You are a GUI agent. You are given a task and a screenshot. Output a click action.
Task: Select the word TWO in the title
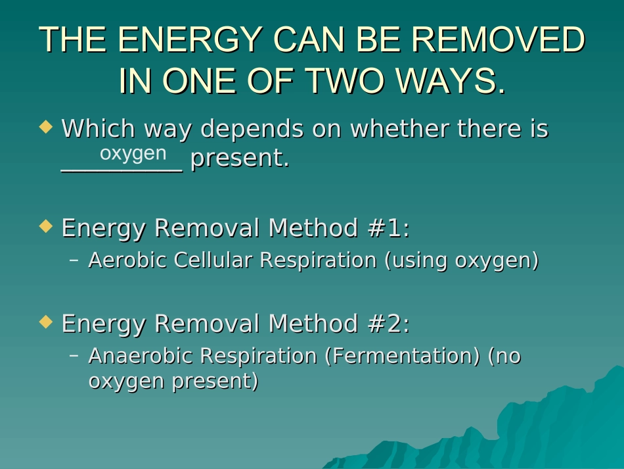tap(344, 81)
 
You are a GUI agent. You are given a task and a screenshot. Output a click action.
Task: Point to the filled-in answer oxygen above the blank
tap(133, 153)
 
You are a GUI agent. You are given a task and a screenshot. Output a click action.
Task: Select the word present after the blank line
tap(239, 159)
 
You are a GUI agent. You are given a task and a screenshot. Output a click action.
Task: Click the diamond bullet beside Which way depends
tap(45, 126)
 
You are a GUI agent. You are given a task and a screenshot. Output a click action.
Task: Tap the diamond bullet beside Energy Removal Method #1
tap(45, 226)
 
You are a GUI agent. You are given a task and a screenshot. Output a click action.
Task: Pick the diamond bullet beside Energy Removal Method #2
tap(45, 322)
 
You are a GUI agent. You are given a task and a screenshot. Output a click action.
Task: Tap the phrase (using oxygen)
tap(461, 260)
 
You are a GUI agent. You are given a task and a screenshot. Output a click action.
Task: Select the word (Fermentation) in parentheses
tap(403, 356)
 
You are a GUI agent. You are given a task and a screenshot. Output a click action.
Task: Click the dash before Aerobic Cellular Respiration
tap(74, 260)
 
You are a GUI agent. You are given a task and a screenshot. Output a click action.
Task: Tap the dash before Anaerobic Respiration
tap(74, 356)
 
